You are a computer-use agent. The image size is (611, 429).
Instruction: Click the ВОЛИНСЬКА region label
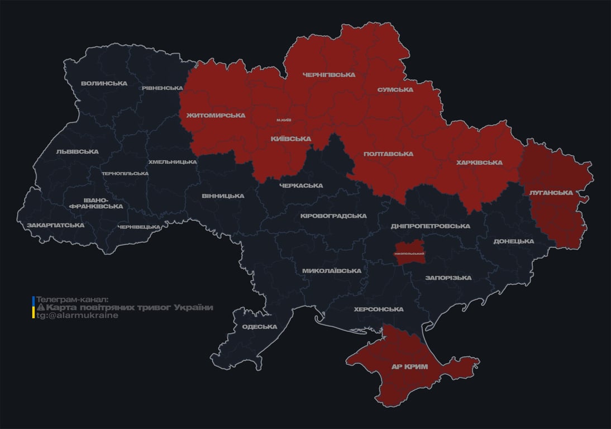pyautogui.click(x=104, y=84)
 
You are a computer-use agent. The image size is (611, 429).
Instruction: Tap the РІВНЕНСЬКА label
pyautogui.click(x=162, y=88)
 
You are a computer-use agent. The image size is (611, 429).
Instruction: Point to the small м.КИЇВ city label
pyautogui.click(x=284, y=120)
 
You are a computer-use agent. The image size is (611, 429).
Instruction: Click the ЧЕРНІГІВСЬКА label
pyautogui.click(x=328, y=75)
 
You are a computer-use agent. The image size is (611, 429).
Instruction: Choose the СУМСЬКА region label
pyautogui.click(x=395, y=90)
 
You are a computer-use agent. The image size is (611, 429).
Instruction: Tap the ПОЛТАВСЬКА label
pyautogui.click(x=388, y=154)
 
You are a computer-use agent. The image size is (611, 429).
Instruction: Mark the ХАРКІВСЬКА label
pyautogui.click(x=479, y=163)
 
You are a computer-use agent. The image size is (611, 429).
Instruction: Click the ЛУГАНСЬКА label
pyautogui.click(x=551, y=193)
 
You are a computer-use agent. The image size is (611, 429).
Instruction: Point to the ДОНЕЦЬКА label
pyautogui.click(x=513, y=241)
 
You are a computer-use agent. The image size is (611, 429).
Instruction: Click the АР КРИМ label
pyautogui.click(x=409, y=367)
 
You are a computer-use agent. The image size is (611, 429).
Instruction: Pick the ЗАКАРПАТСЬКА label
pyautogui.click(x=55, y=225)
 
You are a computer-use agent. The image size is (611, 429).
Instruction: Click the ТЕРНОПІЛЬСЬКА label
pyautogui.click(x=125, y=173)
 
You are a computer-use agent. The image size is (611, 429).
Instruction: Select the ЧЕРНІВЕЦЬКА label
pyautogui.click(x=139, y=227)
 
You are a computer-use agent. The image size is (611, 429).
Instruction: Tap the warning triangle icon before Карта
pyautogui.click(x=41, y=308)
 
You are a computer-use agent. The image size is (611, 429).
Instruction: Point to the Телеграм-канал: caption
pyautogui.click(x=72, y=299)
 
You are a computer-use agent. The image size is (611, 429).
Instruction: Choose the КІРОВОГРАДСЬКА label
pyautogui.click(x=333, y=216)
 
